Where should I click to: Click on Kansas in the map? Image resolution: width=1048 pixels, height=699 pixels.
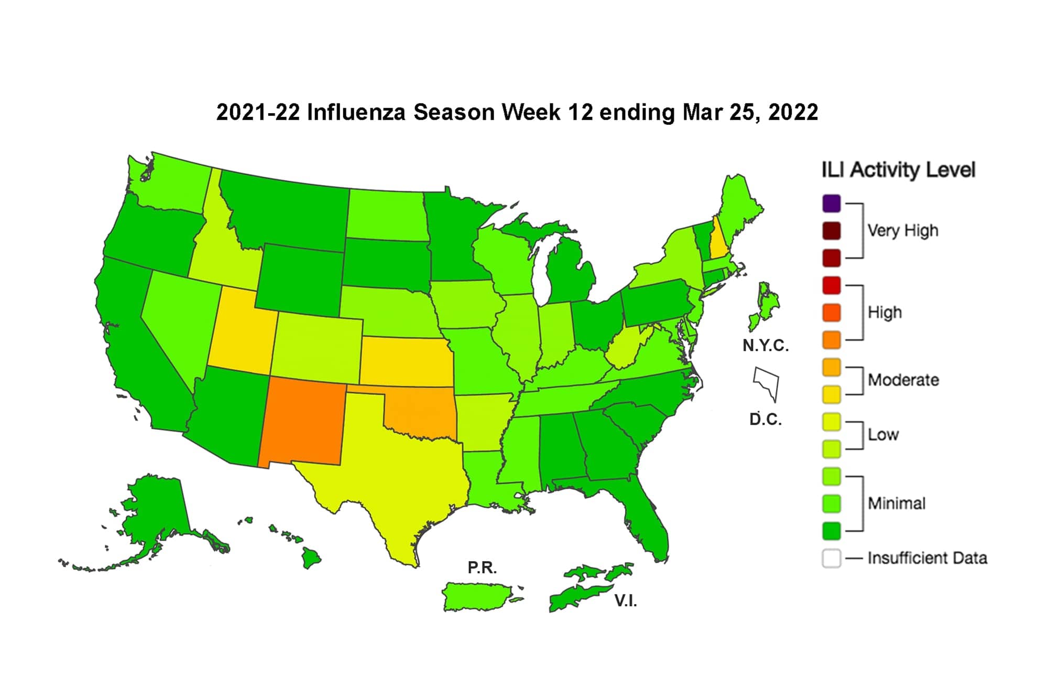[x=407, y=362]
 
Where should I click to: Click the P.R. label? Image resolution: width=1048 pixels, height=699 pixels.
[x=482, y=567]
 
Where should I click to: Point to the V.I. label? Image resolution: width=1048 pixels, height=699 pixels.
[x=626, y=601]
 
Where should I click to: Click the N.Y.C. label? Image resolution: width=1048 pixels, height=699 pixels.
[x=766, y=346]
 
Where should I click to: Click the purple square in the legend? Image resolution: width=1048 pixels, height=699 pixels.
[x=832, y=203]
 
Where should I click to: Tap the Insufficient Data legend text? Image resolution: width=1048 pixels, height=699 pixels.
[x=927, y=558]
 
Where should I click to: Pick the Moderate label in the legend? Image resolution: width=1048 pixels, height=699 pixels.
[x=903, y=380]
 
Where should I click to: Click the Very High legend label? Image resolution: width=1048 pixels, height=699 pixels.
[x=902, y=230]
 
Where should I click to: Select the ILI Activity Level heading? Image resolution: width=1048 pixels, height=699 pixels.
[x=898, y=170]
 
